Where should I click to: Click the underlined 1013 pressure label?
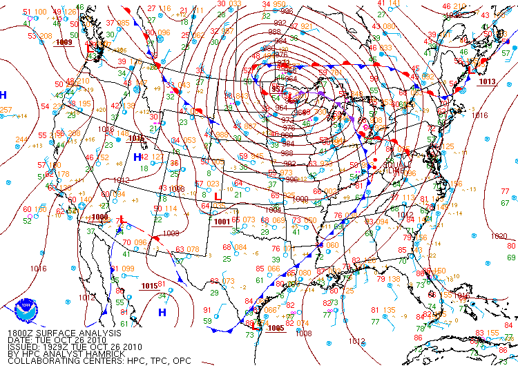487,81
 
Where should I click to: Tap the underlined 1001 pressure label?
221,222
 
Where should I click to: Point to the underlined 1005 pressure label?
276,328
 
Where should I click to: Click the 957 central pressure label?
277,89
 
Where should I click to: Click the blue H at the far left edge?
3,95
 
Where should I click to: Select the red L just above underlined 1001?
218,197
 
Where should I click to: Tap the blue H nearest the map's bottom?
162,312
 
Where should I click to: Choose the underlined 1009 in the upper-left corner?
64,42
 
